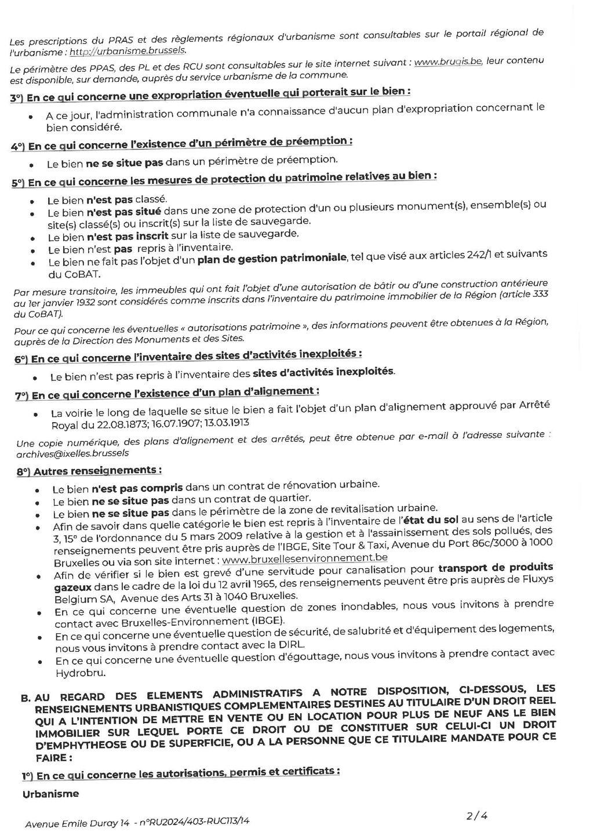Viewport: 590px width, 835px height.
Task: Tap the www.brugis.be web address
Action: (453, 61)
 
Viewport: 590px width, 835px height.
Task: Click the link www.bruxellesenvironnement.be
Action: (305, 558)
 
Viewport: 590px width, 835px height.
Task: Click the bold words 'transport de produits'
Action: (496, 567)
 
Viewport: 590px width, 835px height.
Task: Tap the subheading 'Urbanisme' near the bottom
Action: (50, 794)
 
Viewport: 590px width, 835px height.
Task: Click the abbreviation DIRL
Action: (294, 644)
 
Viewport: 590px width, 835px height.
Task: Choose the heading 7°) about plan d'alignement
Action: (167, 394)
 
